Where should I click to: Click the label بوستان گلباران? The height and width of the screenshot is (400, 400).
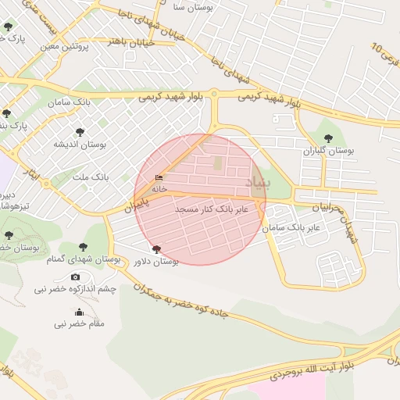click(328, 149)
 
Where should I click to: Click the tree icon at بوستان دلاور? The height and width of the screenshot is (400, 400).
click(156, 249)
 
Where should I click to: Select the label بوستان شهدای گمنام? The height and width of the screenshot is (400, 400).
click(84, 259)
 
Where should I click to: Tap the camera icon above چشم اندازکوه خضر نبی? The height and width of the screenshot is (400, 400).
click(75, 277)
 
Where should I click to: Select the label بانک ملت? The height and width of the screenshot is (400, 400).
click(93, 178)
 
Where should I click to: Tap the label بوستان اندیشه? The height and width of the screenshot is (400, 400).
click(80, 145)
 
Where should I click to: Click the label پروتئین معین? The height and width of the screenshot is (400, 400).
click(65, 46)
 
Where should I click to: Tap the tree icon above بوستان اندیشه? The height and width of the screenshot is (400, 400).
click(80, 132)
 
